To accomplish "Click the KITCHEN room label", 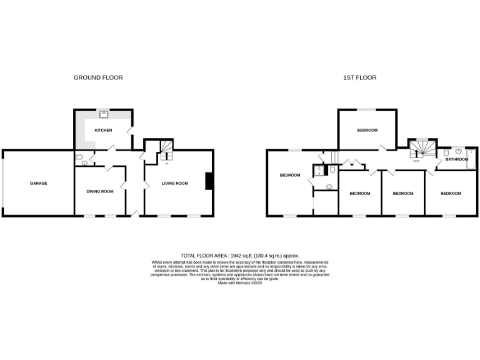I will (x=103, y=131).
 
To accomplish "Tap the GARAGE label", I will (x=39, y=183).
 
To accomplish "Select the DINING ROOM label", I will (x=100, y=191).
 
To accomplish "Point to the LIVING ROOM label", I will (x=175, y=183).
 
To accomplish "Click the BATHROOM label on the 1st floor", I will (x=457, y=159).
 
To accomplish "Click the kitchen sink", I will (x=104, y=114).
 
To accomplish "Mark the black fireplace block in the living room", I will (x=209, y=181).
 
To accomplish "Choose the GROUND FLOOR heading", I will (x=98, y=77).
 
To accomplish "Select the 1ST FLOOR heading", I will (x=360, y=77).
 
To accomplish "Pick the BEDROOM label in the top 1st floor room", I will (x=367, y=130).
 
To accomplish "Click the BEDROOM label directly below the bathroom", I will (x=451, y=193).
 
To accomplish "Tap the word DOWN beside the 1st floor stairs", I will (x=416, y=161).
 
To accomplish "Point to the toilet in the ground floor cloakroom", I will (x=84, y=163).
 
